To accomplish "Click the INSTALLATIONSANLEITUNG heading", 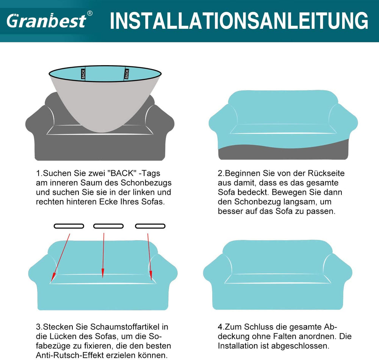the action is click(239, 21).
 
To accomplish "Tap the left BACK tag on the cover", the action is click(83, 74).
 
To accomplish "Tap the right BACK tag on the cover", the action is click(127, 74).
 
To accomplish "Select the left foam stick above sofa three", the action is click(69, 226).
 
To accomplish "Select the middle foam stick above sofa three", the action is click(108, 226).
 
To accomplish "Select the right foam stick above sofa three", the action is click(150, 226).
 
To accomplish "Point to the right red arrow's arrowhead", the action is click(151, 275).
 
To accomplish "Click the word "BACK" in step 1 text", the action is click(121, 173).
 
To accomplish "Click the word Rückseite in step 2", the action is click(326, 173).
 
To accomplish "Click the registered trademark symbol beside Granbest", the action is click(89, 13).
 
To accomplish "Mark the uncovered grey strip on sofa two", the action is click(283, 152).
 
